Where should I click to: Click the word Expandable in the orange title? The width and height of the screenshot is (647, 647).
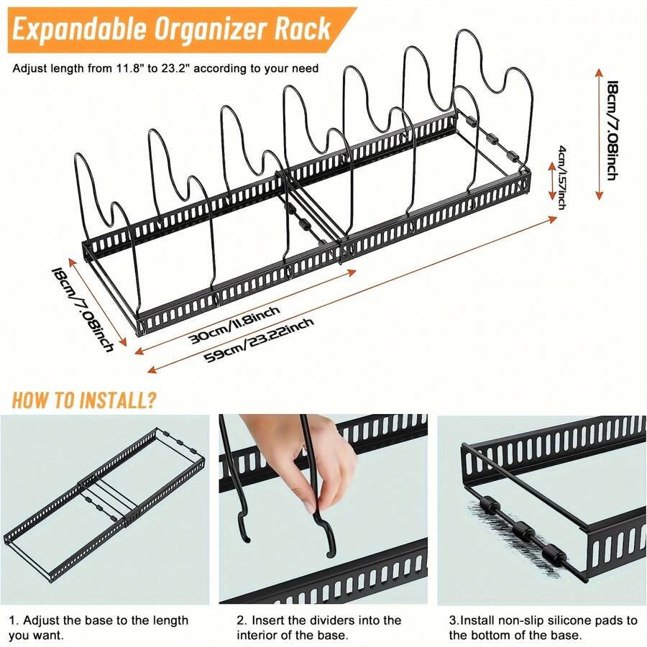pyautogui.click(x=79, y=29)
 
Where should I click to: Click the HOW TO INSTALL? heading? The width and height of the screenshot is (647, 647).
pyautogui.click(x=84, y=400)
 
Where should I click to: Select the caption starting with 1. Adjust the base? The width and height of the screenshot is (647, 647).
pyautogui.click(x=99, y=627)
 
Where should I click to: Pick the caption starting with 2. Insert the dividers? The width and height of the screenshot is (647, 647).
pyautogui.click(x=318, y=627)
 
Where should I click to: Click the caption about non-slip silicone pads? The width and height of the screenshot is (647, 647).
pyautogui.click(x=543, y=627)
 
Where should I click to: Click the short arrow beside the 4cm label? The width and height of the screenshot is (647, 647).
pyautogui.click(x=551, y=177)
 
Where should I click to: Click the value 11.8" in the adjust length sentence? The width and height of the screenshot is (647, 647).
pyautogui.click(x=132, y=69)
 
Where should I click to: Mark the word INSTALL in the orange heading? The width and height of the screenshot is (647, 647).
pyautogui.click(x=108, y=400)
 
